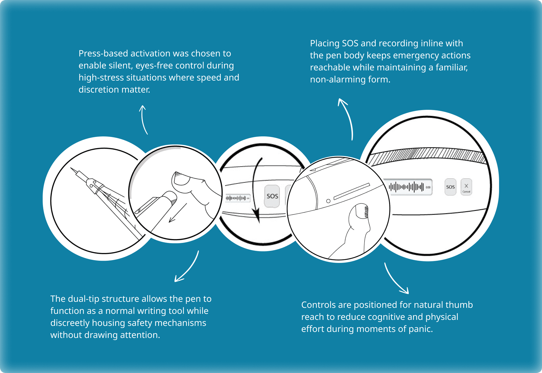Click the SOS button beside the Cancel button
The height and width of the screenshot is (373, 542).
(x=450, y=187)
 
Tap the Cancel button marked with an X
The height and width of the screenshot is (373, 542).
(x=466, y=187)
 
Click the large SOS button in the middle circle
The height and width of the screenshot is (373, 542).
(x=272, y=196)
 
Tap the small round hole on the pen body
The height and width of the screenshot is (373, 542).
(x=328, y=201)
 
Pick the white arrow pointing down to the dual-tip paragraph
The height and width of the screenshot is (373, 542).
(x=188, y=267)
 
